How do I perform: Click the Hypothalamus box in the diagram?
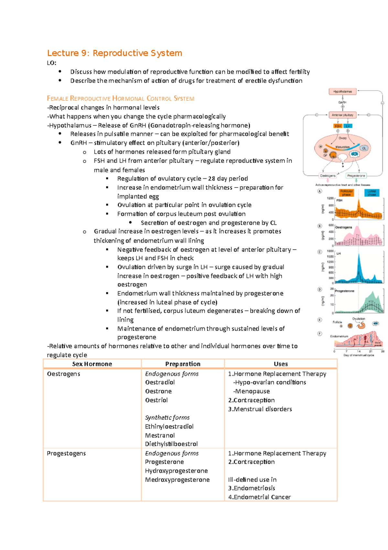[x=342, y=92]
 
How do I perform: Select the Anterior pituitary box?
[x=342, y=115]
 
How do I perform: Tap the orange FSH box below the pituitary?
[x=338, y=126]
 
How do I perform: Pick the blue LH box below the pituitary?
[x=348, y=126]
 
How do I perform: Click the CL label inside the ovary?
[x=364, y=148]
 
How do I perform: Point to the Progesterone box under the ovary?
[x=356, y=176]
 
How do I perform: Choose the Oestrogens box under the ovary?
[x=328, y=176]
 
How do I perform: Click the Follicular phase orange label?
[x=346, y=193]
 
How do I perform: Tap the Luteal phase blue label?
[x=372, y=193]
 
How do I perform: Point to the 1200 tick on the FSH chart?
[x=330, y=198]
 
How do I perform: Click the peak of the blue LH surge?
[x=359, y=254]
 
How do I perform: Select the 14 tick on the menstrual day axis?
[x=359, y=351]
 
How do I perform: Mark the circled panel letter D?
[x=320, y=289]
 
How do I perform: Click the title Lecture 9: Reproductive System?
[x=114, y=53]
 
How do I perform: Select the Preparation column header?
[x=183, y=364]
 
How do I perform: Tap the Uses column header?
[x=281, y=364]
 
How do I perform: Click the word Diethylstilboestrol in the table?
[x=171, y=444]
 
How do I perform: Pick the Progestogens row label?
[x=66, y=453]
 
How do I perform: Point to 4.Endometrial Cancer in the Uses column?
[x=259, y=497]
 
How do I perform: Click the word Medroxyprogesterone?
[x=177, y=479]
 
